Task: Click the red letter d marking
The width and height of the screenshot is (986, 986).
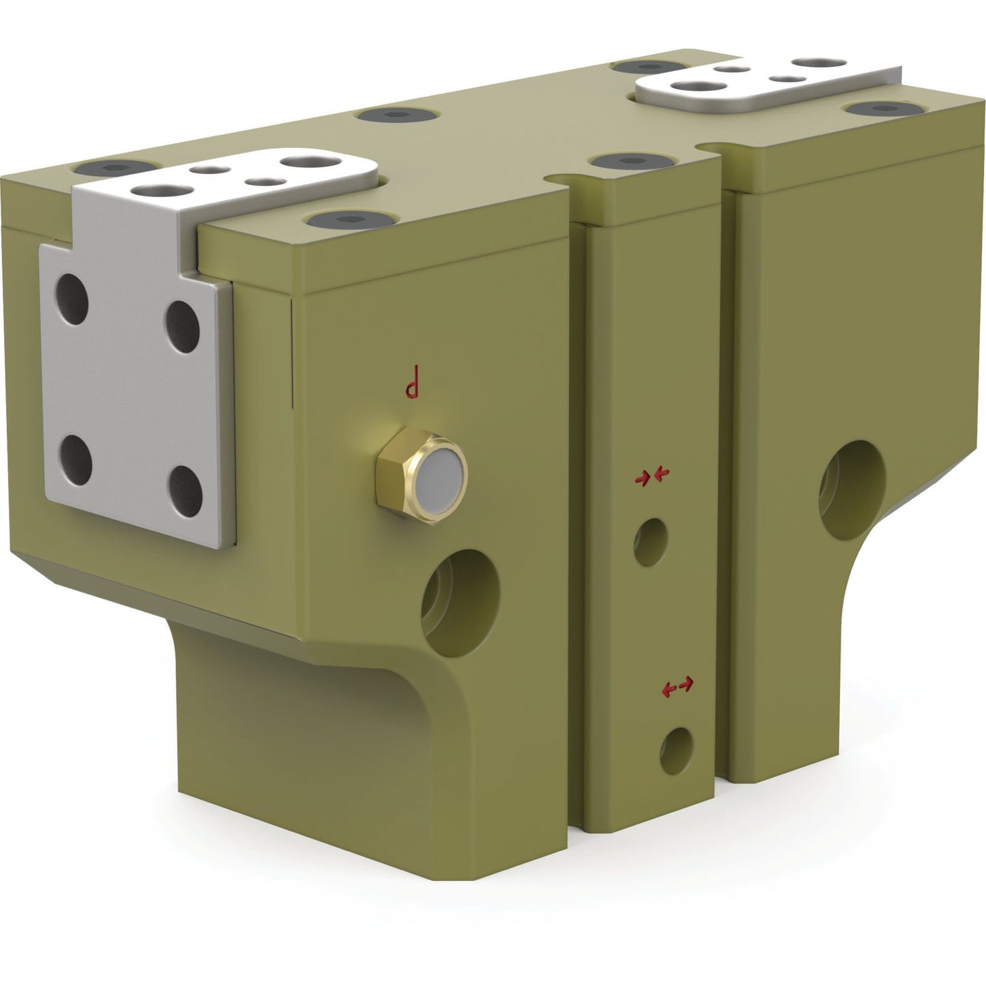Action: click(412, 381)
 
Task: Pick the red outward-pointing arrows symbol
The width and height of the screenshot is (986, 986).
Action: click(678, 686)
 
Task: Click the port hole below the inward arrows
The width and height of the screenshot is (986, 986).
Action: click(651, 542)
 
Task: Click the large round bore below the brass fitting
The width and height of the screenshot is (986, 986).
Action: click(460, 603)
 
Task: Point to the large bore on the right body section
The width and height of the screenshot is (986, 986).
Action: click(852, 490)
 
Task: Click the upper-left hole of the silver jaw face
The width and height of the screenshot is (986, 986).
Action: click(72, 299)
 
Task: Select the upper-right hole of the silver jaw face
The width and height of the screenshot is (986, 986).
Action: click(183, 326)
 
